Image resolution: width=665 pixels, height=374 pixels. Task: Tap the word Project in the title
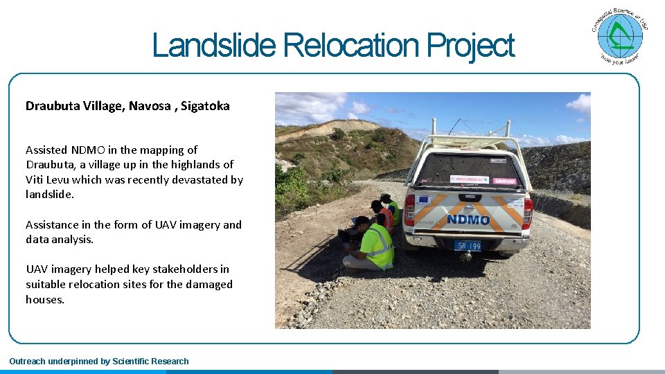(x=471, y=46)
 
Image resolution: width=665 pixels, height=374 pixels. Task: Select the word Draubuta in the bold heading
(x=53, y=106)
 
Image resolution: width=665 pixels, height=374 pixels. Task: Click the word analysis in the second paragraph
(x=72, y=240)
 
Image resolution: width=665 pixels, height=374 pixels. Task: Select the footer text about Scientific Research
(x=99, y=361)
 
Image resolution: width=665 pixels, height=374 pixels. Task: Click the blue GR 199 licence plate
(x=468, y=245)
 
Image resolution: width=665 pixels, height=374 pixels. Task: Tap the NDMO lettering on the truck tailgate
(x=468, y=220)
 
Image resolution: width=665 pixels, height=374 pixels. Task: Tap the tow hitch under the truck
(x=468, y=256)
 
